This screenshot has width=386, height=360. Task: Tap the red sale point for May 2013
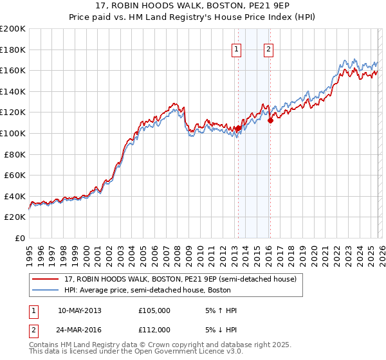point(237,128)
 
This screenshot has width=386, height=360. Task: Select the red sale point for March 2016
point(270,120)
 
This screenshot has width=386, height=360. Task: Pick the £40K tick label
point(15,196)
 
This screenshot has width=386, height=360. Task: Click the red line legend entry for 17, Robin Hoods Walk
point(180,279)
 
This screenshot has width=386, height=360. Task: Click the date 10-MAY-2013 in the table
point(79,310)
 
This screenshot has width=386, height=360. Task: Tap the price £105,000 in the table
point(154,310)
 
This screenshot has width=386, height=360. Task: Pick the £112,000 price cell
point(154,330)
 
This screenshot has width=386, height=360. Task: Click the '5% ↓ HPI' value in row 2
point(219,330)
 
